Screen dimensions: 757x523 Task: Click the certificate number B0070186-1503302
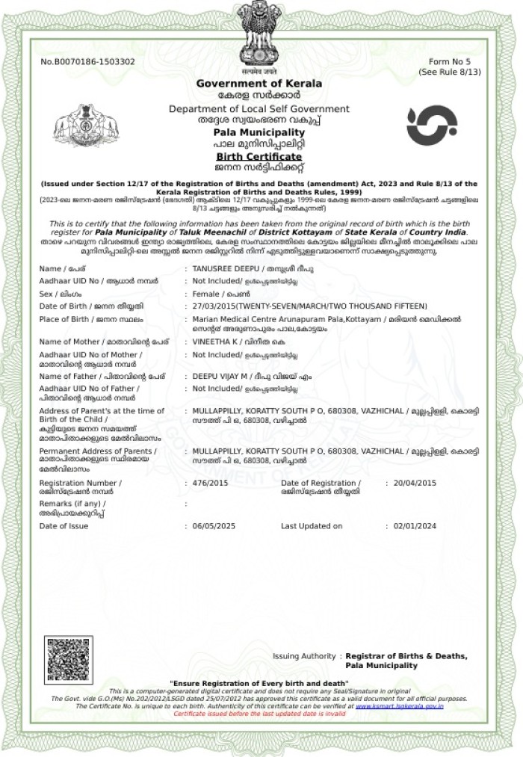pos(87,61)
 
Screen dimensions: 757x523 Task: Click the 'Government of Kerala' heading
pos(259,83)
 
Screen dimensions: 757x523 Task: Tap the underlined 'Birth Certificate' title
pos(259,157)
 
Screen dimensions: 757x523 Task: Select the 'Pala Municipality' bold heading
pos(259,132)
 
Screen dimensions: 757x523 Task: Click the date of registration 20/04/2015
pos(415,483)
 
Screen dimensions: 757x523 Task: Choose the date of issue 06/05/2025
pos(214,526)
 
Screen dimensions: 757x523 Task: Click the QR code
pos(68,659)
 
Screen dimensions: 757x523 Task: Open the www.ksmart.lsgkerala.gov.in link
pos(399,706)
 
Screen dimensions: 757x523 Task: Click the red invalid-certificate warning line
pos(259,714)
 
